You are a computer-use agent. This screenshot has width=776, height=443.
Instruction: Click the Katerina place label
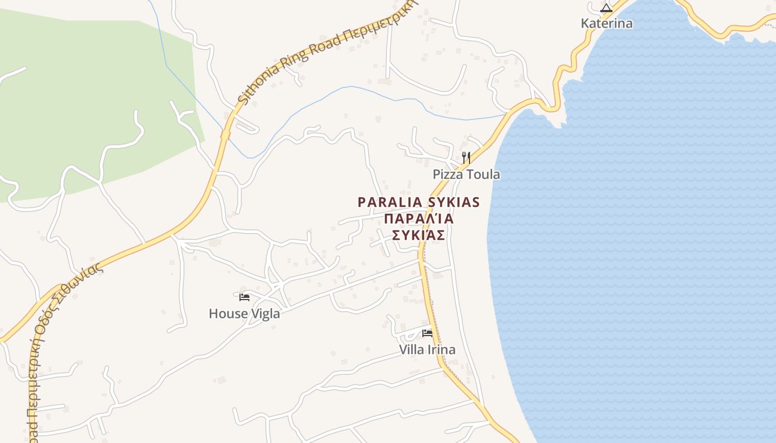pos(606,23)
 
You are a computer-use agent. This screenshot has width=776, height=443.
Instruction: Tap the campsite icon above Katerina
pos(606,8)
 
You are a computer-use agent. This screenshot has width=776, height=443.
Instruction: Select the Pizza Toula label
pos(466,174)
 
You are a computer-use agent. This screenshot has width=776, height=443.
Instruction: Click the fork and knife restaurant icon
pos(466,158)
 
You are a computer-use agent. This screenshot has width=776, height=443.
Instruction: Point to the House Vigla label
pos(244,313)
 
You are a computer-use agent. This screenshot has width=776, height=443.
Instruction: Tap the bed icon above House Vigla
pos(244,297)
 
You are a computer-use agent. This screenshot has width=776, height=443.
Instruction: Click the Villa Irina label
pos(427,349)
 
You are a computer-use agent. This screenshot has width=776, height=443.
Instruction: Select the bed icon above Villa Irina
pos(427,333)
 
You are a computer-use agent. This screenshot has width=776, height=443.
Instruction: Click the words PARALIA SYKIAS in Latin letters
pos(418,202)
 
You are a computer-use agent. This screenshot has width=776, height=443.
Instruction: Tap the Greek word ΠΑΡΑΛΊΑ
pos(418,219)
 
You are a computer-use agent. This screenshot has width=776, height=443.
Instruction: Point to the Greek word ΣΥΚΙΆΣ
pos(418,235)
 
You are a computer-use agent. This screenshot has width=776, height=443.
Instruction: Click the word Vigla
pos(264,313)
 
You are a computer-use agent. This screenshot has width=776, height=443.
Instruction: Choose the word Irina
pos(441,349)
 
